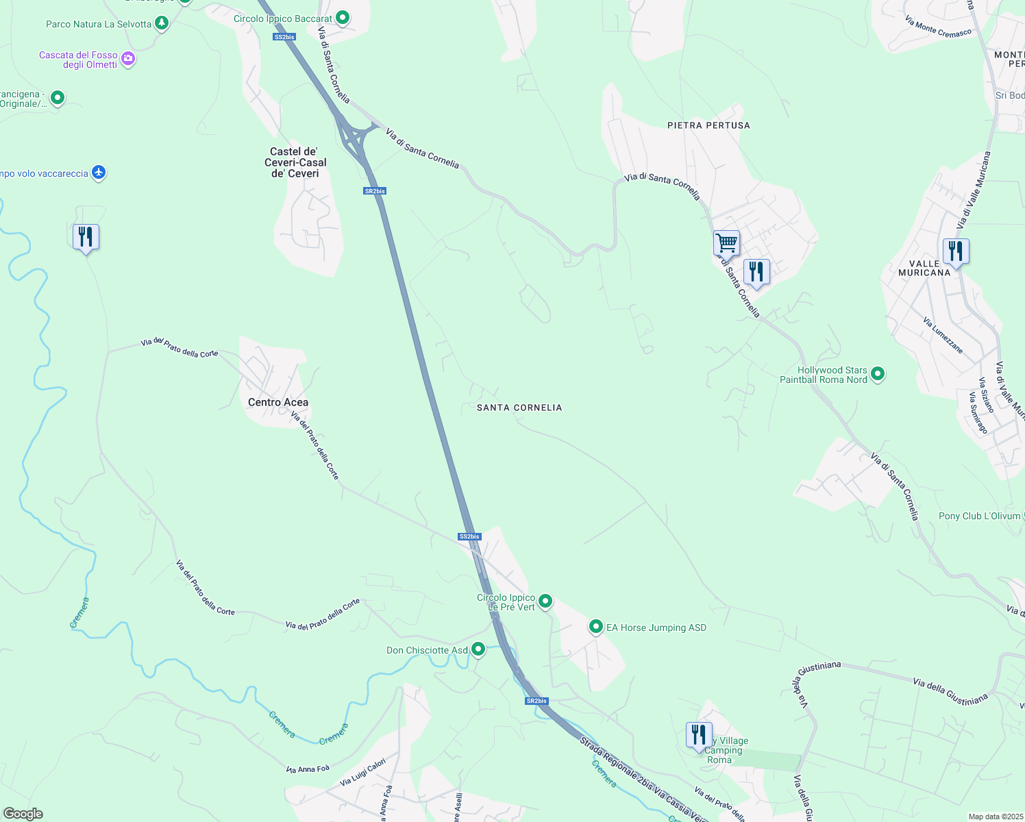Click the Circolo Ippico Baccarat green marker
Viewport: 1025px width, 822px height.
tap(343, 18)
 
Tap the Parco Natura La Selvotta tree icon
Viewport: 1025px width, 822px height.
tap(162, 23)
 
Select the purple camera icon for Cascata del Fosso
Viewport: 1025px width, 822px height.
tap(128, 60)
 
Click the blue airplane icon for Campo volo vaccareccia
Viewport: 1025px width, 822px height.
tap(99, 173)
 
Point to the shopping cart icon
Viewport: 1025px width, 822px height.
tap(726, 242)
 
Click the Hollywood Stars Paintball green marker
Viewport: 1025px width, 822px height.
tap(878, 374)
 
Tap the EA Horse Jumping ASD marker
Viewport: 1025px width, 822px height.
tap(596, 627)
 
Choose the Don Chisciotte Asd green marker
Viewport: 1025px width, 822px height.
tap(478, 649)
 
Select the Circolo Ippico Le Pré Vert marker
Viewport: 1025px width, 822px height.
tap(545, 601)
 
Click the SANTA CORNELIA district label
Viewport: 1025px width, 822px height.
tap(519, 408)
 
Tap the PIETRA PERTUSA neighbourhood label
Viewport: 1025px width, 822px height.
tap(708, 125)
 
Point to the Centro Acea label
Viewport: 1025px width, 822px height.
tap(278, 402)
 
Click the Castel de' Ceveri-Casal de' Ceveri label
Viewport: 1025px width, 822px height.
tap(295, 162)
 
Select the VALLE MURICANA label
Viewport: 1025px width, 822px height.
tap(924, 268)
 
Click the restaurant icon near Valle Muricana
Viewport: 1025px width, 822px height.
tap(956, 251)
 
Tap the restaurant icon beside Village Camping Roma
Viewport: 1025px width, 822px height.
tap(699, 735)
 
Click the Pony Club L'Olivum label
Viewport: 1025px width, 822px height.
tap(980, 516)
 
